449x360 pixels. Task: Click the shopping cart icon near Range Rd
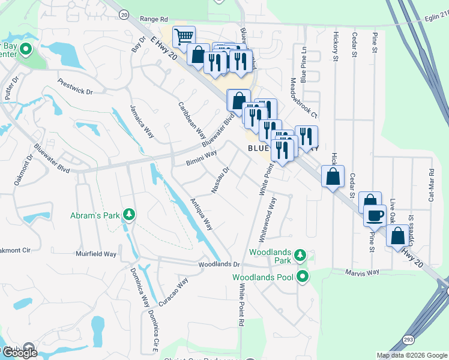pos(184,37)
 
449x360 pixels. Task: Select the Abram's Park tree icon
pos(128,215)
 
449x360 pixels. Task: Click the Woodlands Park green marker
pos(302,256)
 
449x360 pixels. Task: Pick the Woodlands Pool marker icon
pos(303,277)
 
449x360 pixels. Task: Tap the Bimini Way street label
pos(201,158)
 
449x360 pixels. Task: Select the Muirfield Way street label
pos(96,254)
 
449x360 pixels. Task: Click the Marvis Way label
pos(362,272)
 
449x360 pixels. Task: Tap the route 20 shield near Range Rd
pos(124,13)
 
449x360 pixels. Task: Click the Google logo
pos(20,353)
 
